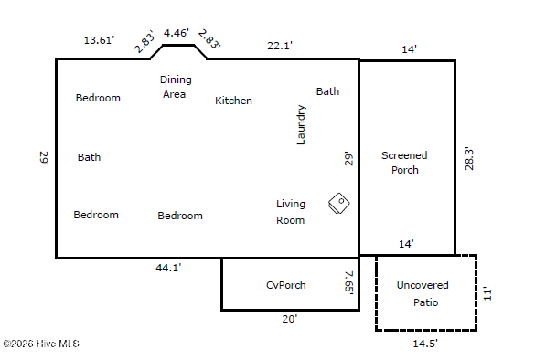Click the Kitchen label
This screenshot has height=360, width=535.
(x=233, y=101)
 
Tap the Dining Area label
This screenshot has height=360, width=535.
(x=176, y=87)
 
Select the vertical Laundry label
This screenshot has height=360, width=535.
(x=301, y=125)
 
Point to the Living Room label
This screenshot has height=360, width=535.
(x=290, y=212)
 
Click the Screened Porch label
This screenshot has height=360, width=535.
(x=404, y=163)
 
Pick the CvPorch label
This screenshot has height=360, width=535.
(x=286, y=285)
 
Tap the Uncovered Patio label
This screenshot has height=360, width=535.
(x=423, y=293)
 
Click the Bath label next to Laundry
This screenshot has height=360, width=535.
(x=327, y=91)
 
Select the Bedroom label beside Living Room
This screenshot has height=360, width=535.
(x=180, y=216)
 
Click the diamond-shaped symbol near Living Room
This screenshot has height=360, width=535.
(x=338, y=203)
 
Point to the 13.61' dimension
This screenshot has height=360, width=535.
(x=99, y=40)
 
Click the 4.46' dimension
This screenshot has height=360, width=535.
(x=177, y=33)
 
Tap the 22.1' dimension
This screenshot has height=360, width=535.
(x=280, y=46)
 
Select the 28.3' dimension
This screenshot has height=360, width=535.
(x=469, y=159)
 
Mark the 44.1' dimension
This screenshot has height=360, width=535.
(x=168, y=268)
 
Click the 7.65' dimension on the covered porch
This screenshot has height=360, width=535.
(x=349, y=282)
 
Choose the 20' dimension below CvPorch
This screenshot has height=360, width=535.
(x=290, y=319)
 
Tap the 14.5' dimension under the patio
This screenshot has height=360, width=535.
(x=425, y=344)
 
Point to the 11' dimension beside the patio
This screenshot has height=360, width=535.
(x=487, y=294)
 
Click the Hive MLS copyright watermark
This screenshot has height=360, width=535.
(x=41, y=344)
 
